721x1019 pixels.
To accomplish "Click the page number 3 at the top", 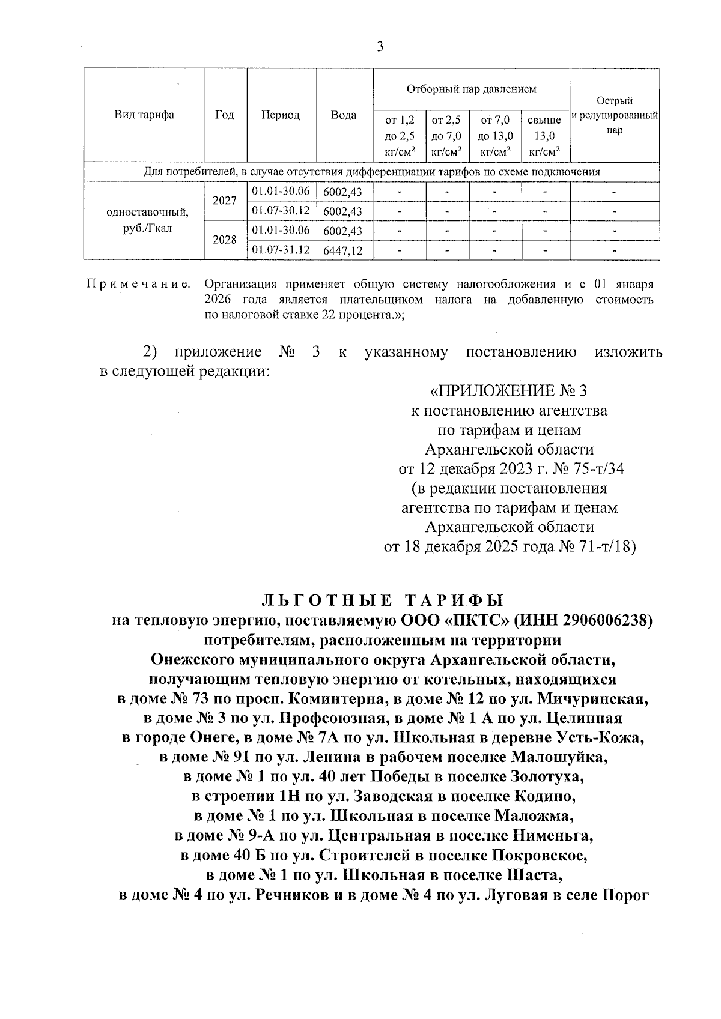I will tap(379, 47).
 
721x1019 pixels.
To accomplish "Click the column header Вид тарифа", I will tap(144, 115).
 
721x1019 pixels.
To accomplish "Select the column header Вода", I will tap(344, 115).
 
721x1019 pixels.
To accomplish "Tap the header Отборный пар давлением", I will tap(471, 89).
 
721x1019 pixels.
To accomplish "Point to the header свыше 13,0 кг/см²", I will tap(544, 136).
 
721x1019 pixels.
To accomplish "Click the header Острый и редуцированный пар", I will tap(614, 115).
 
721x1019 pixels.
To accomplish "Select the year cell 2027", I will tap(225, 201).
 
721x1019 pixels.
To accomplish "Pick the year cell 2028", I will tap(225, 240).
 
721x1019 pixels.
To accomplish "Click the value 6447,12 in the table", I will tap(343, 250).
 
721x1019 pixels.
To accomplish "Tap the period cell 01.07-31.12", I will tap(281, 249).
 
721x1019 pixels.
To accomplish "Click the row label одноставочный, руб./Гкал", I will tap(144, 220).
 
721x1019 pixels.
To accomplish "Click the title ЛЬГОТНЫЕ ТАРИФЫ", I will tap(383, 600).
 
